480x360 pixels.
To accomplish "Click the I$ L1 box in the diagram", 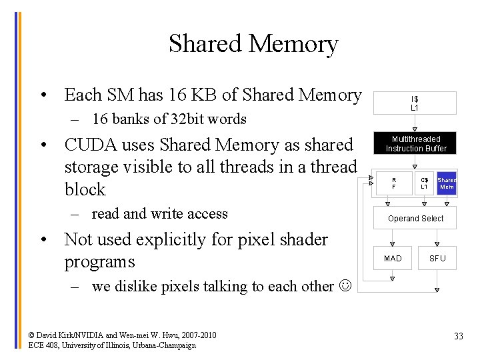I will [x=414, y=103].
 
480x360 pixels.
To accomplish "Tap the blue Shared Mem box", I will [x=447, y=183].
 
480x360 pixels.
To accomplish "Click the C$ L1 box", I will [x=423, y=183].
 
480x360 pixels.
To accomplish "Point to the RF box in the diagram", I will [x=393, y=183].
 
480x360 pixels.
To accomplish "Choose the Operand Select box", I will [x=415, y=218].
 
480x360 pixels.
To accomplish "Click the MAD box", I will [x=393, y=258].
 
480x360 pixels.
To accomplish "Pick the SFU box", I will [x=437, y=258].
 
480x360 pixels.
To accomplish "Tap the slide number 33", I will [x=458, y=336].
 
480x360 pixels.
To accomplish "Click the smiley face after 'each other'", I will [x=344, y=287].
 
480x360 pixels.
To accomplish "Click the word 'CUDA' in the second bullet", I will [x=89, y=145].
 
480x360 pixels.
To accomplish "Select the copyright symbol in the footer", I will [x=32, y=335].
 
